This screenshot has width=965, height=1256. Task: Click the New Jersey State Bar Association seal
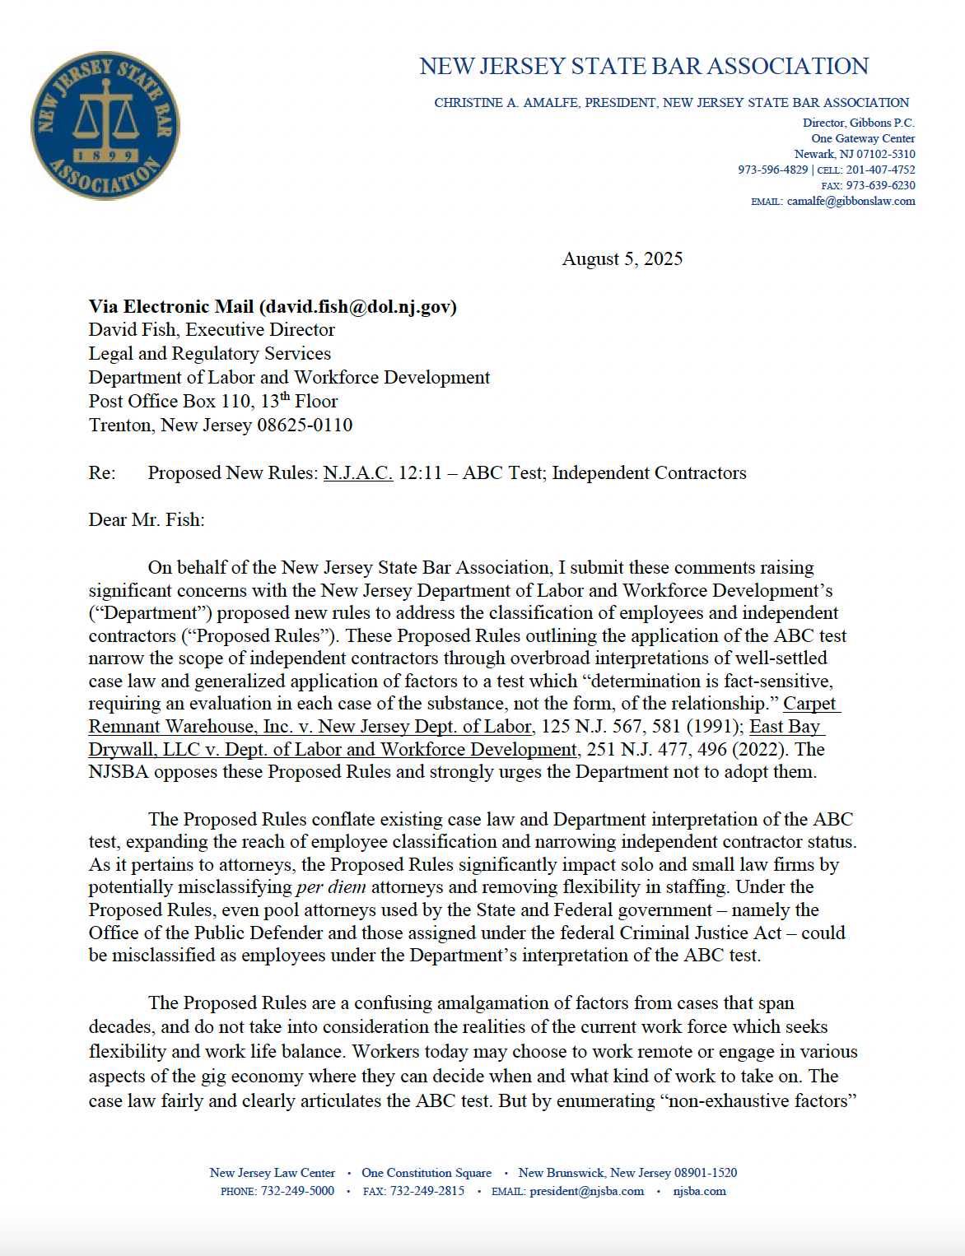pyautogui.click(x=105, y=126)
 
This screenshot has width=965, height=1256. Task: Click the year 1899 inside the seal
pyautogui.click(x=106, y=156)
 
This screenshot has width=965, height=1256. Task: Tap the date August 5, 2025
pyautogui.click(x=622, y=259)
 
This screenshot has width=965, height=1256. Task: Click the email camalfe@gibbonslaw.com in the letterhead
pyautogui.click(x=851, y=202)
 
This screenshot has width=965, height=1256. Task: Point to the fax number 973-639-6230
pyautogui.click(x=880, y=186)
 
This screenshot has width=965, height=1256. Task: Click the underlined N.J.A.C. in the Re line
pyautogui.click(x=357, y=473)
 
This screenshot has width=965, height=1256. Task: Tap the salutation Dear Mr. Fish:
pyautogui.click(x=147, y=520)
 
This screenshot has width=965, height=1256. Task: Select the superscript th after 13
pyautogui.click(x=285, y=397)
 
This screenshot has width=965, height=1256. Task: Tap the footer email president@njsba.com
pyautogui.click(x=586, y=1192)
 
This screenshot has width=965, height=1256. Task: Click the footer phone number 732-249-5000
pyautogui.click(x=297, y=1192)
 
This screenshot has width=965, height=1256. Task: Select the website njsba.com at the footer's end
pyautogui.click(x=699, y=1192)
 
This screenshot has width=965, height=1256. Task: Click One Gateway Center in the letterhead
pyautogui.click(x=863, y=139)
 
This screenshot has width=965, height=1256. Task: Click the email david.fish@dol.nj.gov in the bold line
pyautogui.click(x=357, y=307)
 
